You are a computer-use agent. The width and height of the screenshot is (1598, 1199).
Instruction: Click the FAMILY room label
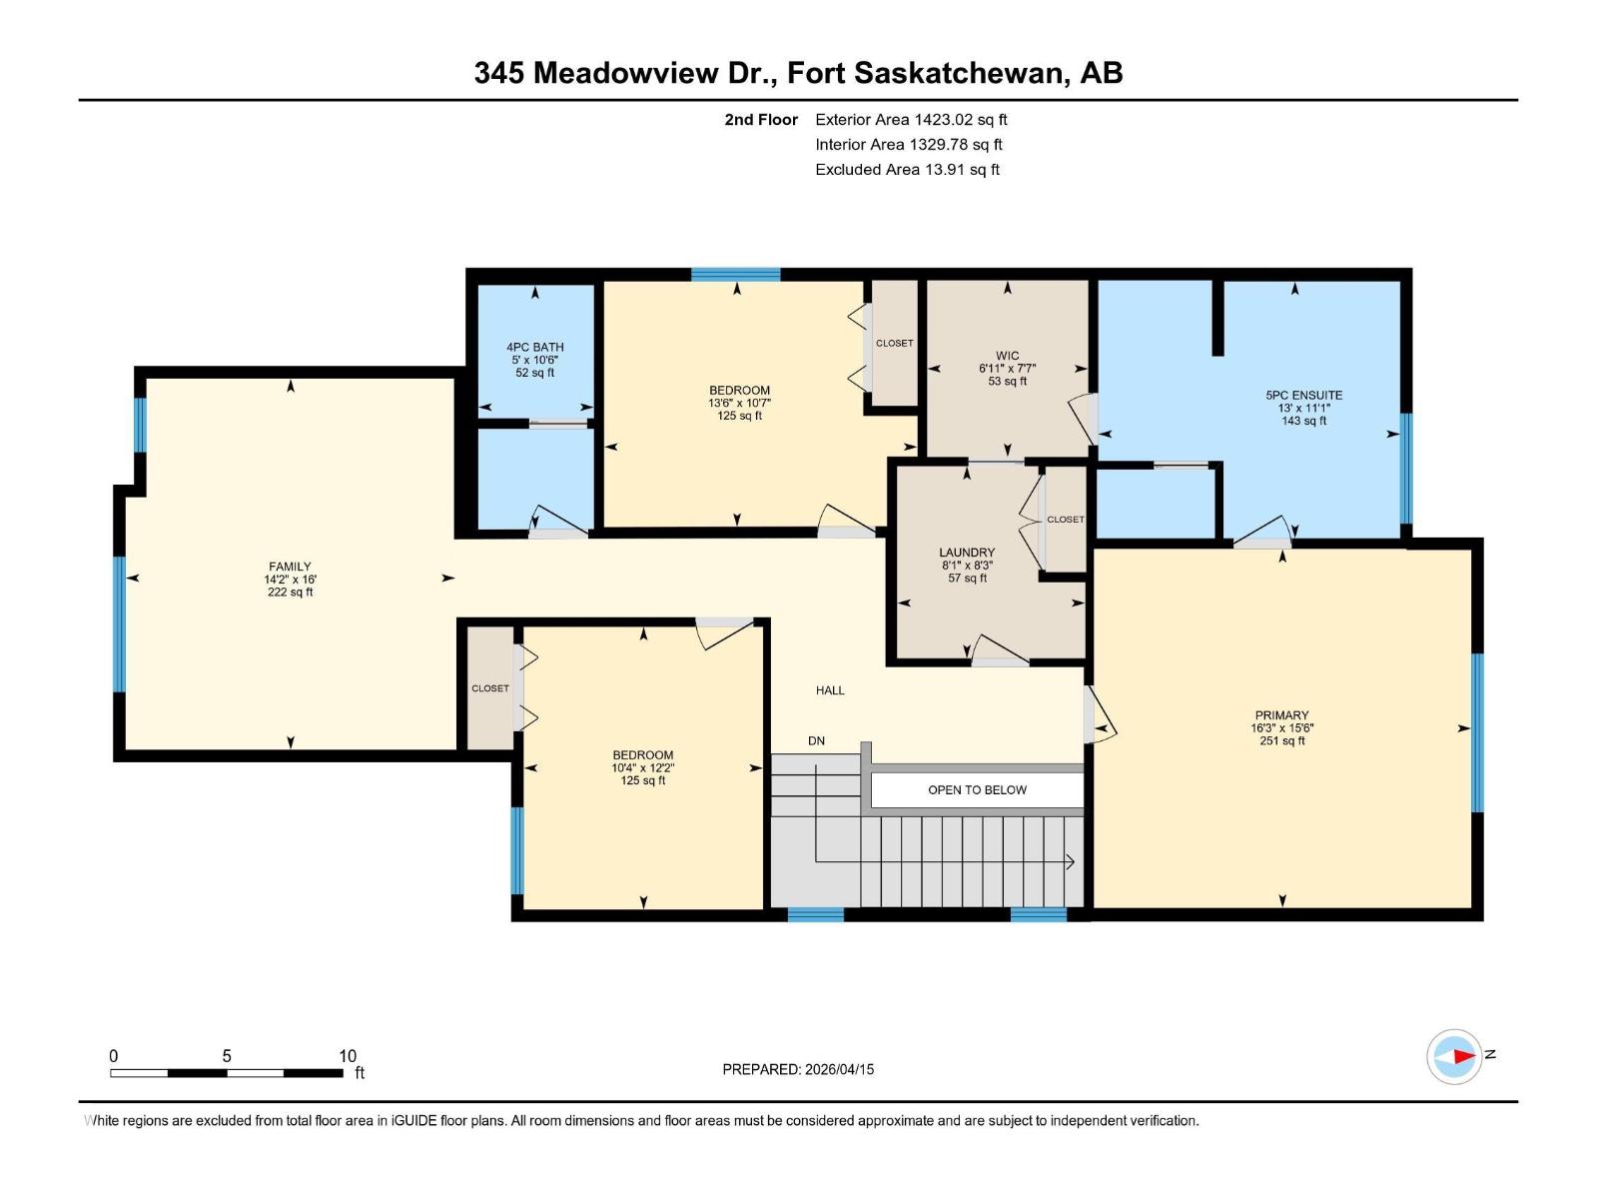coord(290,567)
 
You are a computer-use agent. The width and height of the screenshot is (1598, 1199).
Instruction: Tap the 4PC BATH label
coord(535,347)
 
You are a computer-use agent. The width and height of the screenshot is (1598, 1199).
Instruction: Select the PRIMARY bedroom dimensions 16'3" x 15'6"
coord(1281,728)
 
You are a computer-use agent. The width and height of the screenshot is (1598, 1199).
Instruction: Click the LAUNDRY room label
coord(967,553)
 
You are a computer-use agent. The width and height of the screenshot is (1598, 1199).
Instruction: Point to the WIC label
coord(1007,356)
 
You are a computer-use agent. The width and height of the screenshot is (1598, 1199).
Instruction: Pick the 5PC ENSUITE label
coord(1303,395)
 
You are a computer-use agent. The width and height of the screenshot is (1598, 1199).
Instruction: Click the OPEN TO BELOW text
coord(977,789)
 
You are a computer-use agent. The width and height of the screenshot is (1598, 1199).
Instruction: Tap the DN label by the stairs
coord(816,740)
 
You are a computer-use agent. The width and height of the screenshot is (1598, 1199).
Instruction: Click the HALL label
coord(830,690)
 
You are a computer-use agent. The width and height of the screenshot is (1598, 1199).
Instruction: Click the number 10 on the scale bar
coord(347,1056)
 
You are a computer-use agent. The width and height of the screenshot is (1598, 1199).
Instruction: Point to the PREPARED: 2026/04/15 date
coord(798,1069)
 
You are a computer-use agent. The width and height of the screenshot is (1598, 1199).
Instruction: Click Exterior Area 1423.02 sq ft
coord(911,120)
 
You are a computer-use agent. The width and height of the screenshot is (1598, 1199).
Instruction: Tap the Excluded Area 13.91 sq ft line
coord(907,170)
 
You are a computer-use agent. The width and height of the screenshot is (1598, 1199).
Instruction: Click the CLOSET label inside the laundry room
coord(1066,520)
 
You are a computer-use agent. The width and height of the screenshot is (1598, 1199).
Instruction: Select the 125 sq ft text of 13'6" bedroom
coord(739,416)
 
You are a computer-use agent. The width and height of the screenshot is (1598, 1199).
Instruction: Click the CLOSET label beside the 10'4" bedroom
coord(490,688)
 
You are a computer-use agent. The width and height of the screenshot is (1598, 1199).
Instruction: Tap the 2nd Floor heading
coord(761,120)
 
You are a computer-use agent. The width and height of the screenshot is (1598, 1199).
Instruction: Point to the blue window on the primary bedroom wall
coord(1477,731)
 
